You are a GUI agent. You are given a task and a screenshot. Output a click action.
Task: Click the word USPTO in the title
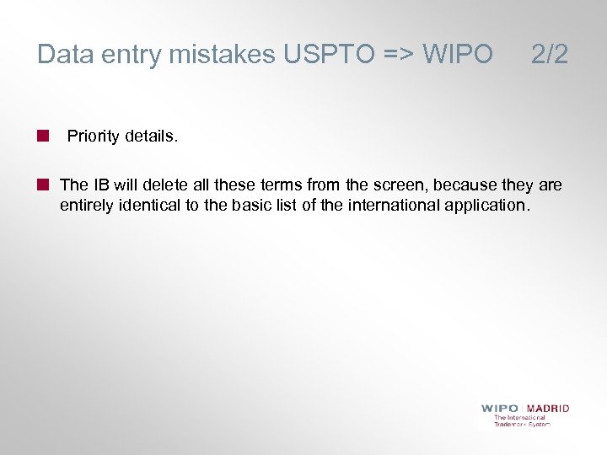click(x=322, y=55)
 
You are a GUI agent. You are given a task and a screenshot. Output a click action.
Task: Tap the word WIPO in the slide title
click(x=457, y=55)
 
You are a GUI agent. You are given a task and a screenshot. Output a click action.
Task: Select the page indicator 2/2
click(x=550, y=55)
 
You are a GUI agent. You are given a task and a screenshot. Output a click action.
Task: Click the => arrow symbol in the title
click(x=398, y=55)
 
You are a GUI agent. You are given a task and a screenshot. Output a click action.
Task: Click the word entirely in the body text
click(x=87, y=205)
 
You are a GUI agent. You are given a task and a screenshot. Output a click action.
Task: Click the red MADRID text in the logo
click(x=549, y=409)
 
